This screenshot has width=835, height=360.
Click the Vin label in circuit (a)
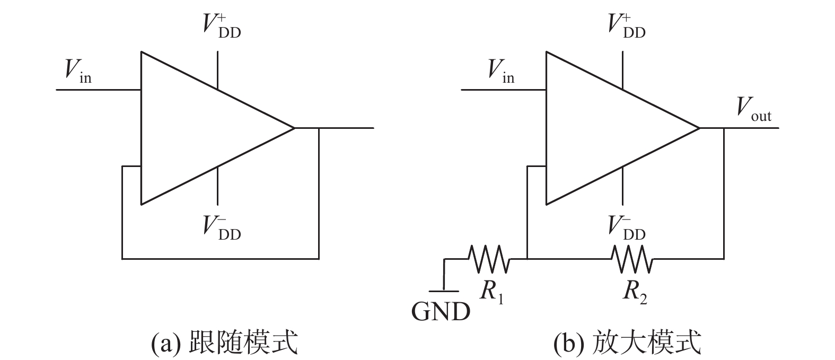tap(78, 70)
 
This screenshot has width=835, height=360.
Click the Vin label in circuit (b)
tap(500, 70)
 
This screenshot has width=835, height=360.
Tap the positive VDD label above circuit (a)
tap(221, 25)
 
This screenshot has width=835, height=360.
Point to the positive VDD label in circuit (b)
tap(626, 25)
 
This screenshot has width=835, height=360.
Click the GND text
tap(441, 312)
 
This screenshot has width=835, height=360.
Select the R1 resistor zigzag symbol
tap(489, 259)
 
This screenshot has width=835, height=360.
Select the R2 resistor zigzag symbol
tap(632, 259)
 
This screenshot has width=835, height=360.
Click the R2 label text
tap(635, 292)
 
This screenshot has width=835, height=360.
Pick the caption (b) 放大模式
tap(627, 343)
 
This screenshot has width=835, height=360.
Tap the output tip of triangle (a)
tap(293, 128)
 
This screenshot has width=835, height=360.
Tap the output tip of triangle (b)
tap(699, 128)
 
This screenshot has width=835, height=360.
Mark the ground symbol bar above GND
tap(444, 291)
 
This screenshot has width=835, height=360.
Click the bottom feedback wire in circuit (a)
tap(220, 259)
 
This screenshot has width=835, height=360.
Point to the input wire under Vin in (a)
tap(98, 90)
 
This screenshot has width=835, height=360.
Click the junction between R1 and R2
tap(528, 259)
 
